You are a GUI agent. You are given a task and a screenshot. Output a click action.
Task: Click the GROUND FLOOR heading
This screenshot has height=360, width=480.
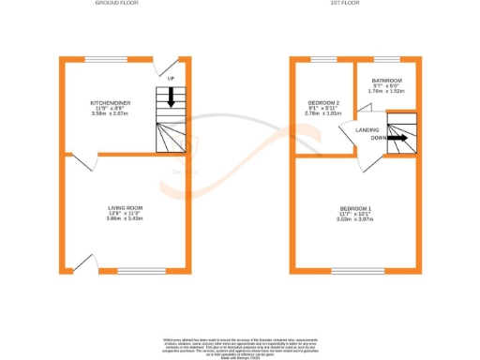coord(117,4)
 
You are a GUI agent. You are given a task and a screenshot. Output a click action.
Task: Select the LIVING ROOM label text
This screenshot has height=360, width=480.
coord(124,207)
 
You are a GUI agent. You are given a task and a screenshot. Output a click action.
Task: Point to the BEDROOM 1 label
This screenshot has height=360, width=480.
coord(355,207)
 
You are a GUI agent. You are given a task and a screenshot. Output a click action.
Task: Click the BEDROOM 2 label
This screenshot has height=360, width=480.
coord(322,101)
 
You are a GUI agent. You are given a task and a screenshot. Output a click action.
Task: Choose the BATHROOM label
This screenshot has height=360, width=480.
coord(386,81)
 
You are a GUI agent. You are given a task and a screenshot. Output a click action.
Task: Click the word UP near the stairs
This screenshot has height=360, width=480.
coord(171,78)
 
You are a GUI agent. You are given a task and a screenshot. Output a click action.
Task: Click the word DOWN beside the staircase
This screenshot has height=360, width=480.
coord(378,138)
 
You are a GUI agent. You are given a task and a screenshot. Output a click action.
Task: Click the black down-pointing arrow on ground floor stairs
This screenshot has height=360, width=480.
coord(171,94)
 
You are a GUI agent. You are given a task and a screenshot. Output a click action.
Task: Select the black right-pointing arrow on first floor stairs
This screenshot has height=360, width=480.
coord(397,138)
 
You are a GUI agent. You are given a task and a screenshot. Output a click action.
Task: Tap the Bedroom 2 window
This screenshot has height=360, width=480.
coord(323,60)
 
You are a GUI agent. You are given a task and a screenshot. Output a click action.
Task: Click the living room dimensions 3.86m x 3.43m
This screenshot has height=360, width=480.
coord(124,217)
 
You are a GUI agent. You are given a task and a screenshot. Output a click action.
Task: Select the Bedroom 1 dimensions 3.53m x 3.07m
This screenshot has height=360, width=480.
coord(355,217)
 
